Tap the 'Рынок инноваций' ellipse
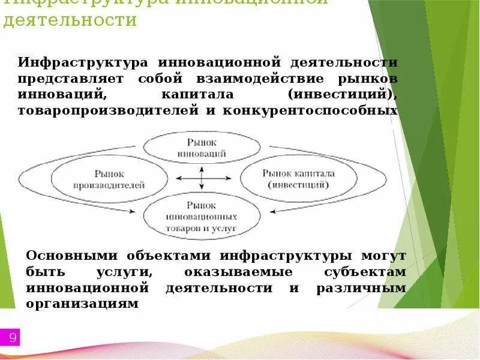pyautogui.click(x=202, y=148)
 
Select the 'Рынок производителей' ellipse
pyautogui.click(x=109, y=179)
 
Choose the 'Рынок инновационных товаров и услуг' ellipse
pyautogui.click(x=201, y=217)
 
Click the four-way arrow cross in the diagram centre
pyautogui.click(x=202, y=178)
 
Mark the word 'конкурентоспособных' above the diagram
pyautogui.click(x=310, y=111)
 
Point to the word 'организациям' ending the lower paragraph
pyautogui.click(x=82, y=304)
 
